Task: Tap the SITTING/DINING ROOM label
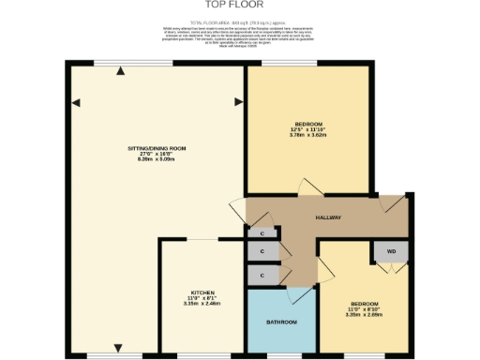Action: (157, 148)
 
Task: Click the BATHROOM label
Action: (281, 322)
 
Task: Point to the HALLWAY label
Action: (327, 217)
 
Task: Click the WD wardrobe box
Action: (391, 250)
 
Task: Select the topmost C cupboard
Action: (262, 233)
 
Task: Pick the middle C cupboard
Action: (262, 252)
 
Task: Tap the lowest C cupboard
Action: (262, 274)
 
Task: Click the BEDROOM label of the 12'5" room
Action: (308, 125)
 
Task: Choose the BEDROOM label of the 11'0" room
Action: (364, 304)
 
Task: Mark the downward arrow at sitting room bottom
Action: (118, 350)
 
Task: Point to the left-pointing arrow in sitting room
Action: (74, 100)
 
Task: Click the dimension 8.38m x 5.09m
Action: (157, 160)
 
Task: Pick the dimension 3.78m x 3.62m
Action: (308, 136)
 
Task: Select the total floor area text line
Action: (240, 21)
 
